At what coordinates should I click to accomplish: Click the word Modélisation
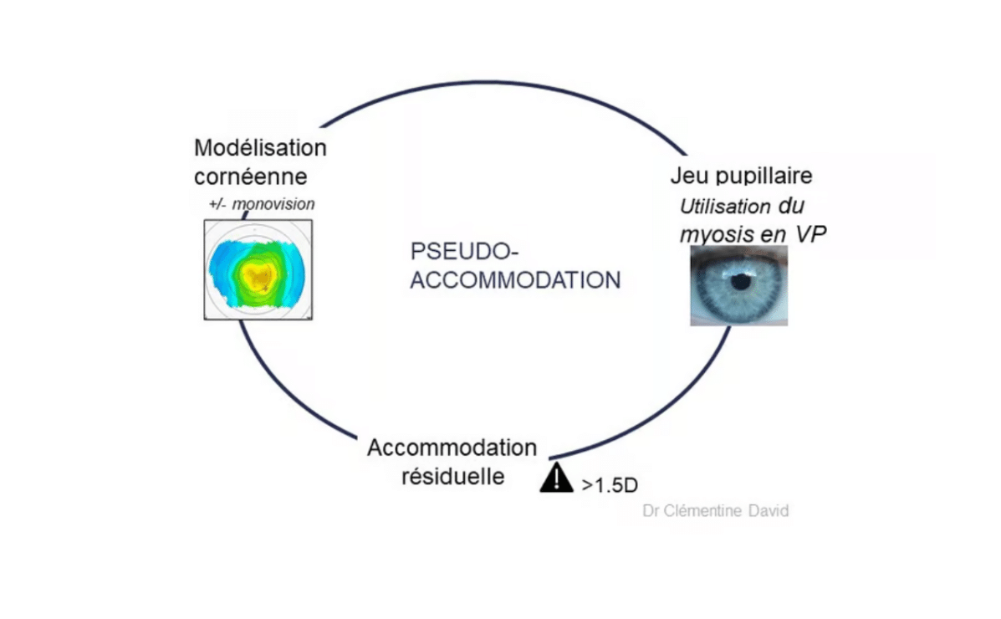[260, 148]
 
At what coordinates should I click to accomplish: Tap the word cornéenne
[250, 176]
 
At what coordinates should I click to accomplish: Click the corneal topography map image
[258, 269]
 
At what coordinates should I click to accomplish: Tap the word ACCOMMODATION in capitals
[515, 280]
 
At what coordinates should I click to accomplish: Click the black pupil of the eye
[740, 282]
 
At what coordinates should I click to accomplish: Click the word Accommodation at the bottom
[452, 448]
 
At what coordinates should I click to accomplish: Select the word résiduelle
[452, 476]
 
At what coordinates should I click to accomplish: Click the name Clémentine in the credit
[701, 510]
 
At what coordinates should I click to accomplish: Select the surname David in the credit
[768, 510]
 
